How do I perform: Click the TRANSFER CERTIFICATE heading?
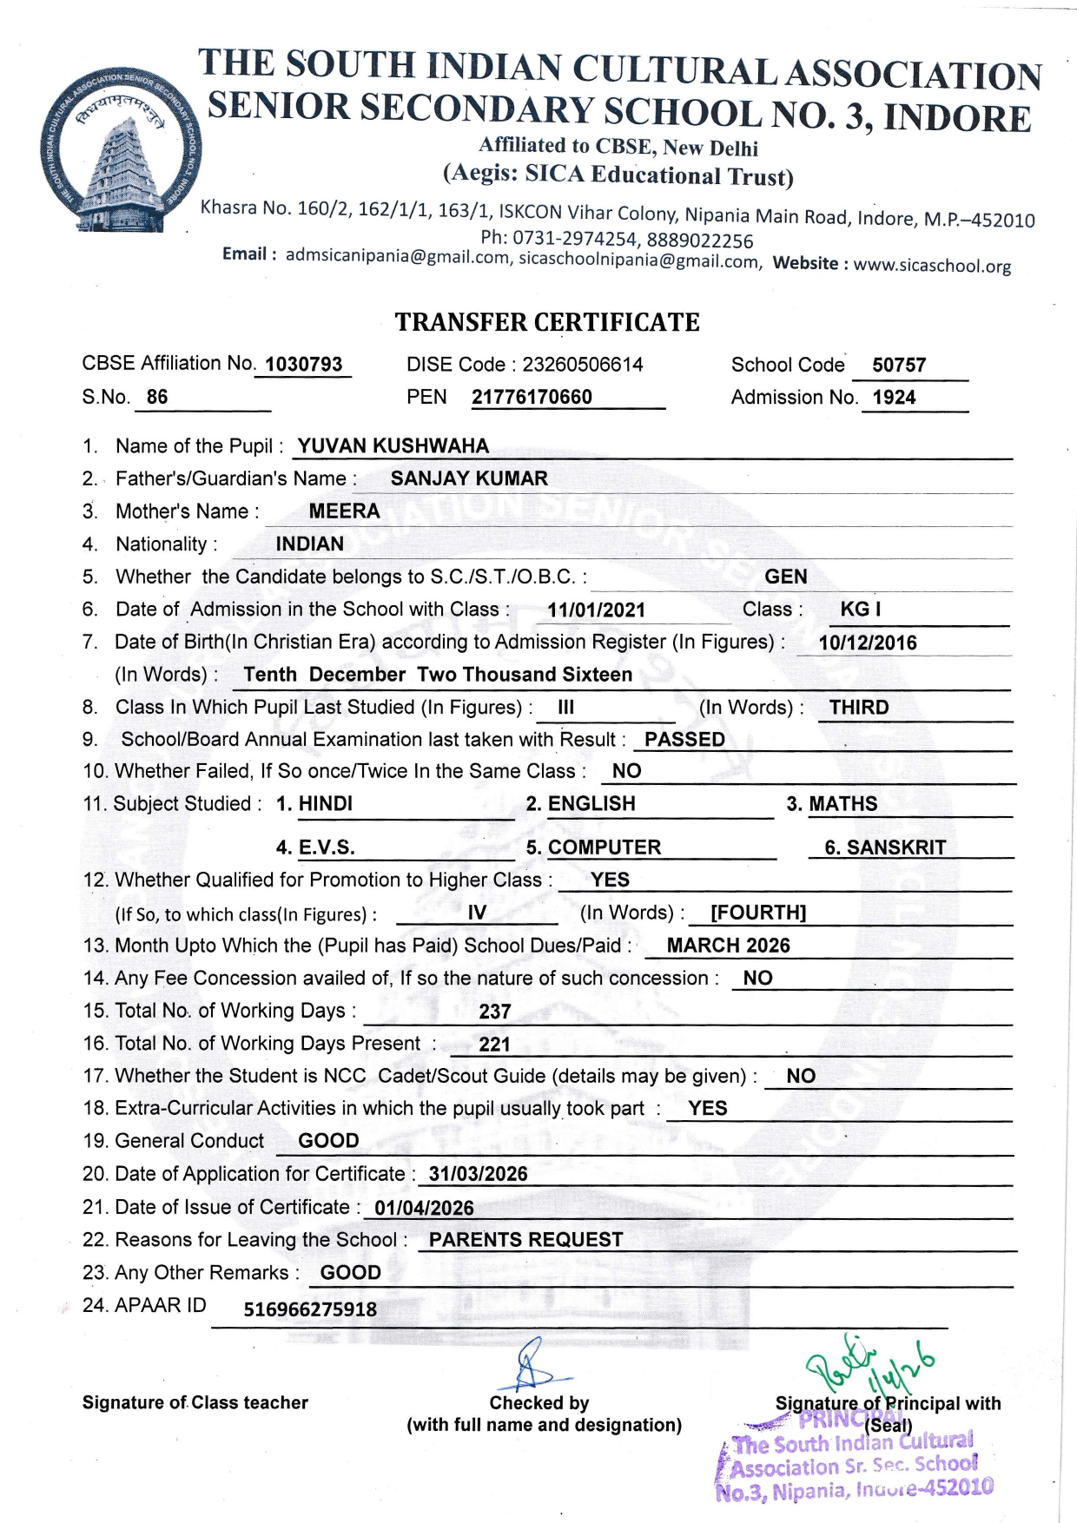coord(547,323)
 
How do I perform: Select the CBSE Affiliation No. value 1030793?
coord(304,365)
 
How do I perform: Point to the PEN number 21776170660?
coord(532,398)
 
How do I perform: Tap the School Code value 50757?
coord(899,366)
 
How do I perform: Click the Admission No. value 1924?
coord(894,398)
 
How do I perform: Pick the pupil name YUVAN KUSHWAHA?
coord(393,446)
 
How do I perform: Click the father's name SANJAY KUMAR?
coord(469,478)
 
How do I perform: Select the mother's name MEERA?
coord(344,511)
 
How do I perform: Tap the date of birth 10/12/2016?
coord(868,643)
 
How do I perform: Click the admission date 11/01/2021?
coord(596,610)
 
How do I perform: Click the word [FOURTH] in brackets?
coord(758,913)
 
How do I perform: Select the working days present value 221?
coord(494,1045)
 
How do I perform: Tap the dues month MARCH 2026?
coord(728,946)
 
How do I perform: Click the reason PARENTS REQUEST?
coord(525,1240)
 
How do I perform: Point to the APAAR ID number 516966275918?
coord(310,1309)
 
